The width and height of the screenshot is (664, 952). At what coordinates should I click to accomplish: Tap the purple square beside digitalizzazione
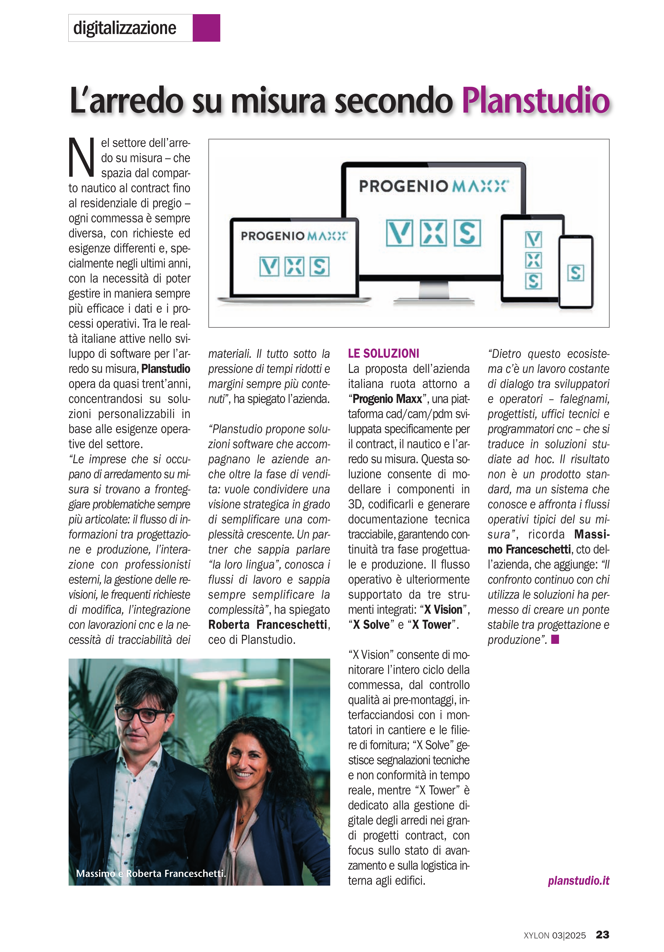point(206,28)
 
